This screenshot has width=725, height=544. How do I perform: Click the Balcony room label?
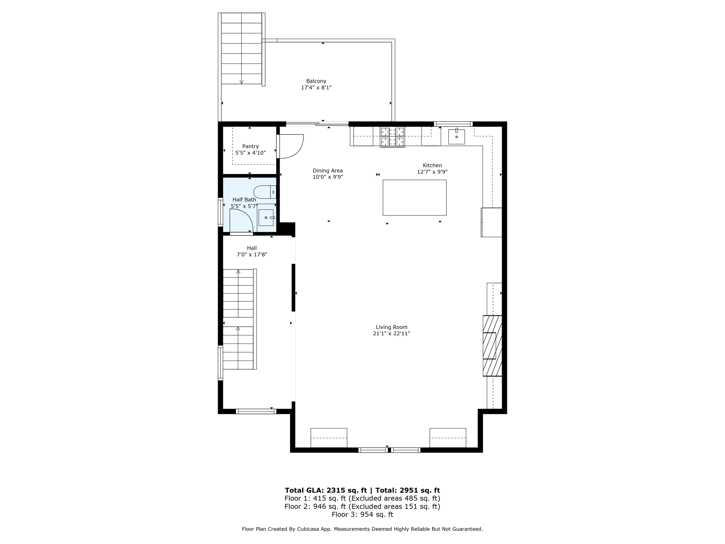(x=316, y=81)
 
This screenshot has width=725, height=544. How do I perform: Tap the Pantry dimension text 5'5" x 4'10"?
(x=250, y=153)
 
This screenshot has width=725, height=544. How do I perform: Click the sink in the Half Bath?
(x=266, y=217)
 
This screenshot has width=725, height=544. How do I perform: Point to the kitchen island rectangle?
(x=414, y=198)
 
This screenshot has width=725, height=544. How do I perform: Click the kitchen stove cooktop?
(x=392, y=137)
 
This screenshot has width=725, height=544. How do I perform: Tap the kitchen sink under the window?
(x=456, y=137)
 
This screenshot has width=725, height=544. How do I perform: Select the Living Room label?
(x=392, y=327)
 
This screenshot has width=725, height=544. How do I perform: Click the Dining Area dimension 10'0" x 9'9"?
(x=328, y=177)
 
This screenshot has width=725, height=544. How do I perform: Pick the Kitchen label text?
(x=432, y=165)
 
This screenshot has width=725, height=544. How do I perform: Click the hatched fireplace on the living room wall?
(x=492, y=346)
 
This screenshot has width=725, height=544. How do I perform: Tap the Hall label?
(x=252, y=248)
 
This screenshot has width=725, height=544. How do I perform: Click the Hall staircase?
(x=238, y=319)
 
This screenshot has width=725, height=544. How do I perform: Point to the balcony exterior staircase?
(x=241, y=49)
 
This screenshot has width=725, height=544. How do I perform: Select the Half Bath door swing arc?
(x=241, y=220)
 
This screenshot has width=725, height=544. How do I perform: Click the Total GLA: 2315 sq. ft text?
(x=326, y=490)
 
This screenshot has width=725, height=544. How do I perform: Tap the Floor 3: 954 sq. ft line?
(x=362, y=514)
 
